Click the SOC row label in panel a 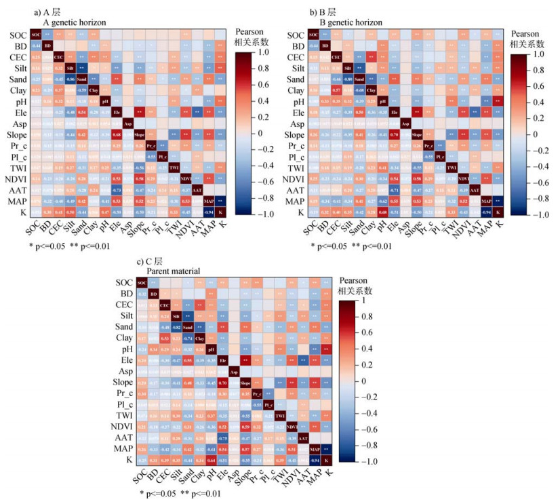pyautogui.click(x=20, y=35)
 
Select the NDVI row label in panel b pyautogui.click(x=292, y=179)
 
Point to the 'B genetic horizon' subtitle pyautogui.click(x=353, y=22)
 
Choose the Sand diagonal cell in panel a pyautogui.click(x=81, y=79)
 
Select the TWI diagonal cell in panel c pyautogui.click(x=279, y=416)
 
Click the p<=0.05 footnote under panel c pyautogui.click(x=161, y=493)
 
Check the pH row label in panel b pyautogui.click(x=296, y=102)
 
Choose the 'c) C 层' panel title pyautogui.click(x=153, y=260)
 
